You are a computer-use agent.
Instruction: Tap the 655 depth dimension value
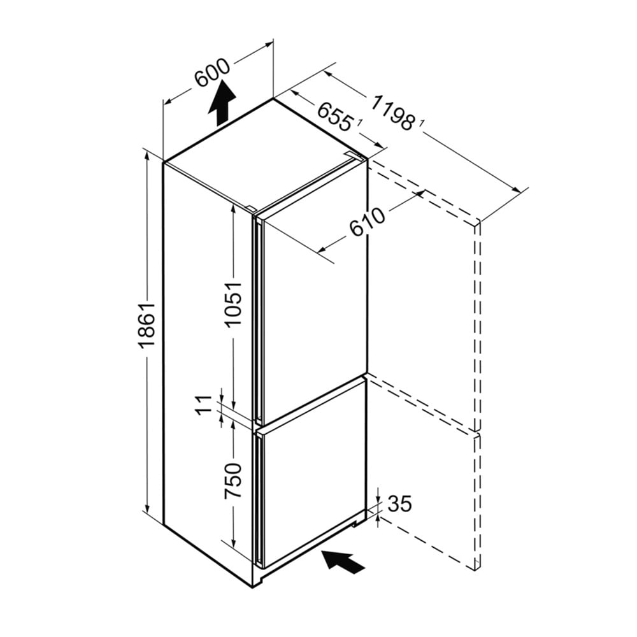coord(334,117)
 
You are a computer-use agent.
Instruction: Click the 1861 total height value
coord(147,325)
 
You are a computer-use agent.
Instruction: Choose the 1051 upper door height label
coord(234,304)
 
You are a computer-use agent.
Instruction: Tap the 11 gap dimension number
coord(204,404)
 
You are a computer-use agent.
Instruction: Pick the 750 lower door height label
coord(234,481)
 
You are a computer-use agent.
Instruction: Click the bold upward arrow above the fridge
coord(222,103)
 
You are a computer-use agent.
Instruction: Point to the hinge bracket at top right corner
coord(354,155)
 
